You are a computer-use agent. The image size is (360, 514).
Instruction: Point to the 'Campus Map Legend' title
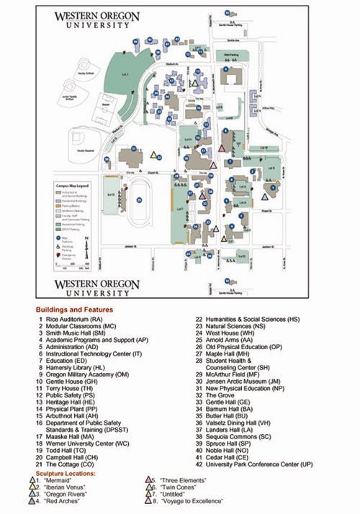(x=73, y=186)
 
